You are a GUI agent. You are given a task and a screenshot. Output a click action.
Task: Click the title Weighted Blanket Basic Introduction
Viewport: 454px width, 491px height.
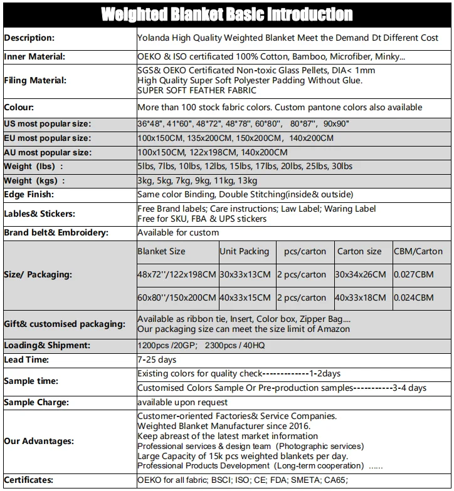tap(226, 14)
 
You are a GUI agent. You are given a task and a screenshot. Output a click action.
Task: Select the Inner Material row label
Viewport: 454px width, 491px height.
tap(35, 57)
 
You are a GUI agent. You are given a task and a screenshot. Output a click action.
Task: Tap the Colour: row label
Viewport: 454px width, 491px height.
tap(19, 107)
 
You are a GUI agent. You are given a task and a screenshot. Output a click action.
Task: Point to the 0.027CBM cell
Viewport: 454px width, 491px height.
tap(413, 274)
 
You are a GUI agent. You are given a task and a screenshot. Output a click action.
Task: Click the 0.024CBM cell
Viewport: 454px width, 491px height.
tap(413, 297)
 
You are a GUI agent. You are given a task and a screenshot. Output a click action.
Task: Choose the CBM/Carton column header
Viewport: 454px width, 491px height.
tap(418, 251)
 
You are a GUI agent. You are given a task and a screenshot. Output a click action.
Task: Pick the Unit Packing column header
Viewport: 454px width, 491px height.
tap(244, 251)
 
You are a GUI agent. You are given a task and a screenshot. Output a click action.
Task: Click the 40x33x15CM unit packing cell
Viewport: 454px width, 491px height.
tap(245, 297)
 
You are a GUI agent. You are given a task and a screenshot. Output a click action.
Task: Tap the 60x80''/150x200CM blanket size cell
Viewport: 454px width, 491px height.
tap(177, 297)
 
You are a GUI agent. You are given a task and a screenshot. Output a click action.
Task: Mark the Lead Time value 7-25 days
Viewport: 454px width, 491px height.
tap(157, 359)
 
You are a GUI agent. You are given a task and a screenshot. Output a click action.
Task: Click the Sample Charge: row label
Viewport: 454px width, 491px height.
tap(36, 402)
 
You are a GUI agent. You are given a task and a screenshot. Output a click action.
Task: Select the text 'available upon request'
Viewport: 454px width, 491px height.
tap(182, 402)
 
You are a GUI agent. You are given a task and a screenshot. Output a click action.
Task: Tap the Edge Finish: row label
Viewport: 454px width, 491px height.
tap(29, 194)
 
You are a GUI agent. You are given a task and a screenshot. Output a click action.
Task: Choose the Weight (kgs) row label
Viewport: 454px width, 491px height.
tap(34, 180)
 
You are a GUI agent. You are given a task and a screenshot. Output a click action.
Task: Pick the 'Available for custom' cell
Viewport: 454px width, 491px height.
tap(178, 232)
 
